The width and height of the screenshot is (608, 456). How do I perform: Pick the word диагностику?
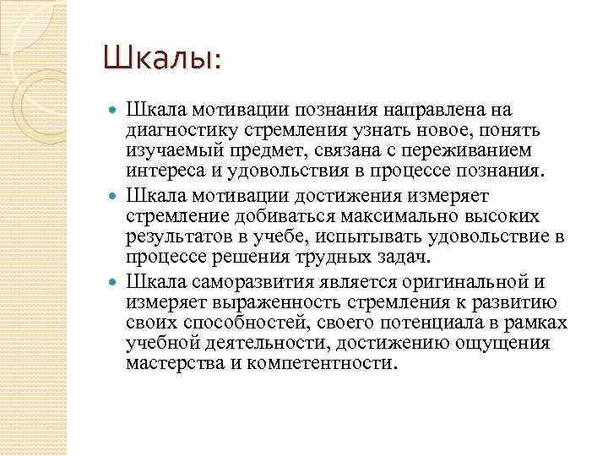tap(170, 131)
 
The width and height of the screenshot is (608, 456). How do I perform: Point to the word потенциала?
tap(379, 323)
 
